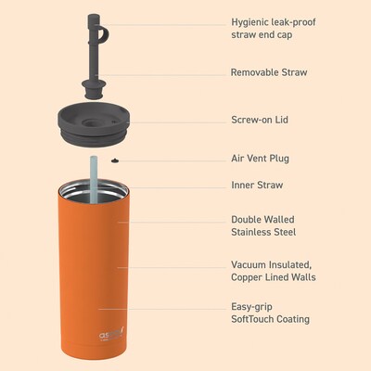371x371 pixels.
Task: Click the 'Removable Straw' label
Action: [x=269, y=72]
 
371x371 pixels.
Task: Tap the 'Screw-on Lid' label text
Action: [x=260, y=120]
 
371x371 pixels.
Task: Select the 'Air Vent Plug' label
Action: [x=261, y=159]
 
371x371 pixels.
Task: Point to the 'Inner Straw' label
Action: [x=257, y=185]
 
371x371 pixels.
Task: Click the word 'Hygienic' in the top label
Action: [x=249, y=22]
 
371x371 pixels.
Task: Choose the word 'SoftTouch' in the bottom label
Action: [x=252, y=319]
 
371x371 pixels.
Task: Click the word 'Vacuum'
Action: [x=249, y=264]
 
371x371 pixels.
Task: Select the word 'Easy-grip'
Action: [x=252, y=307]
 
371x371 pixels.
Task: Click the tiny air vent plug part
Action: [x=115, y=160]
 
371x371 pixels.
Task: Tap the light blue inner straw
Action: [x=93, y=179]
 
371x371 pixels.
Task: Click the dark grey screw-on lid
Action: [x=93, y=123]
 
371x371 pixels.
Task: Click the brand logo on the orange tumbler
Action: [x=111, y=336]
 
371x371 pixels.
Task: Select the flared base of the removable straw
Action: [x=93, y=90]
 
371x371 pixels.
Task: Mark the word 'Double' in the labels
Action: [x=246, y=220]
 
